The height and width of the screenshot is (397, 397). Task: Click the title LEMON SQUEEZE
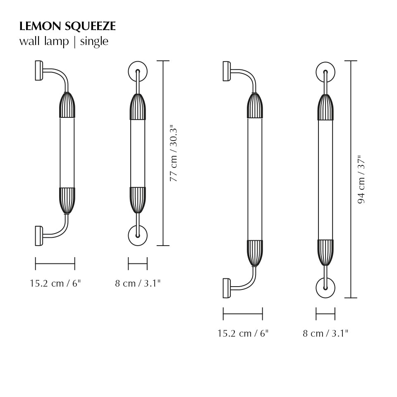(x=67, y=26)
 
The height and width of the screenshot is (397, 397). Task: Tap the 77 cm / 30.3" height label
(x=174, y=153)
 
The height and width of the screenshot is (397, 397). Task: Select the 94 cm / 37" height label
(x=361, y=179)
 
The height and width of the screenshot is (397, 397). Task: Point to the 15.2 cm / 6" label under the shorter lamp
(x=55, y=283)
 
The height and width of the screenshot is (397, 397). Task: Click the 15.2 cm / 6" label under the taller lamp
(x=243, y=333)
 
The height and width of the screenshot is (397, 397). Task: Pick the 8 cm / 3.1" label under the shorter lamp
(x=138, y=283)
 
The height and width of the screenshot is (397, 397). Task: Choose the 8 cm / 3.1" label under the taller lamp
(x=325, y=333)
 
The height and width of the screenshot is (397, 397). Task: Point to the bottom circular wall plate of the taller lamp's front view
(x=325, y=288)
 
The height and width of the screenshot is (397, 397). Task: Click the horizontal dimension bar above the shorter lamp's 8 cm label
(x=138, y=263)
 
